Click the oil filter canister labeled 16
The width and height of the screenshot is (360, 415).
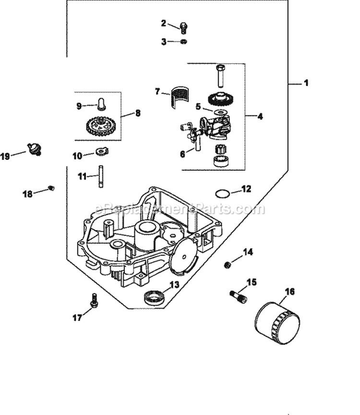277,323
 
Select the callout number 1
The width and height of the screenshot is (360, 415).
306,83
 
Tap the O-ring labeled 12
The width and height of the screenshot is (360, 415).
221,194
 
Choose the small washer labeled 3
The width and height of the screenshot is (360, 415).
183,42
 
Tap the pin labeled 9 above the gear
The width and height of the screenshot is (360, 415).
101,104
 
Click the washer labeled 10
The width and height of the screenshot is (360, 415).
102,176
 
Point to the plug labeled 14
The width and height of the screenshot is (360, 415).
228,265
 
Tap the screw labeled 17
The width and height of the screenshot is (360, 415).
94,301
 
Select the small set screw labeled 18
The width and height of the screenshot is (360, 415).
52,188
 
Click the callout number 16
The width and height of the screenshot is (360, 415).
289,292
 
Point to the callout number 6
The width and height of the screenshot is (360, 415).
182,154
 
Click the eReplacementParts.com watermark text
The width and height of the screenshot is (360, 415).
180,209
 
